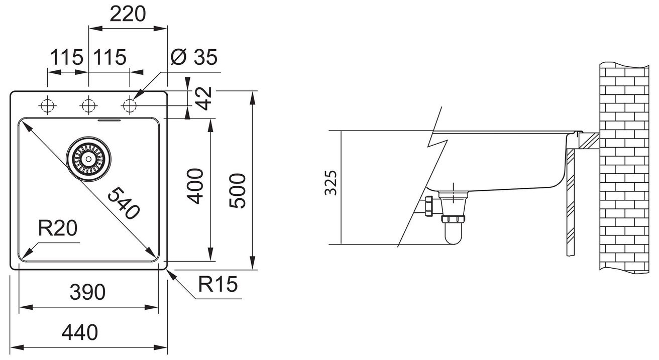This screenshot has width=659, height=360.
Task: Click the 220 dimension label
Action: pyautogui.click(x=128, y=14)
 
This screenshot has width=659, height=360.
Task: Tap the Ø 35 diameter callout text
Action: pyautogui.click(x=194, y=57)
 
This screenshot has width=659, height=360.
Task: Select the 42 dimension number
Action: pyautogui.click(x=204, y=98)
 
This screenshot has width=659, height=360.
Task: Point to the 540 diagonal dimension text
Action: pyautogui.click(x=123, y=203)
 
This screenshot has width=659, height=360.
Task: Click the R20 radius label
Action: pyautogui.click(x=58, y=228)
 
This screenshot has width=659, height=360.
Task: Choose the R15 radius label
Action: pyautogui.click(x=217, y=284)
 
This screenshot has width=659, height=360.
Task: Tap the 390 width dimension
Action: pyautogui.click(x=87, y=292)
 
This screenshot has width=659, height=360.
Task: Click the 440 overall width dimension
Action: pyautogui.click(x=79, y=332)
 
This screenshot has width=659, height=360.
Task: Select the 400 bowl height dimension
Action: pyautogui.click(x=196, y=186)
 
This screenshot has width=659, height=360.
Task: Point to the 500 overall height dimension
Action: pyautogui.click(x=238, y=191)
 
